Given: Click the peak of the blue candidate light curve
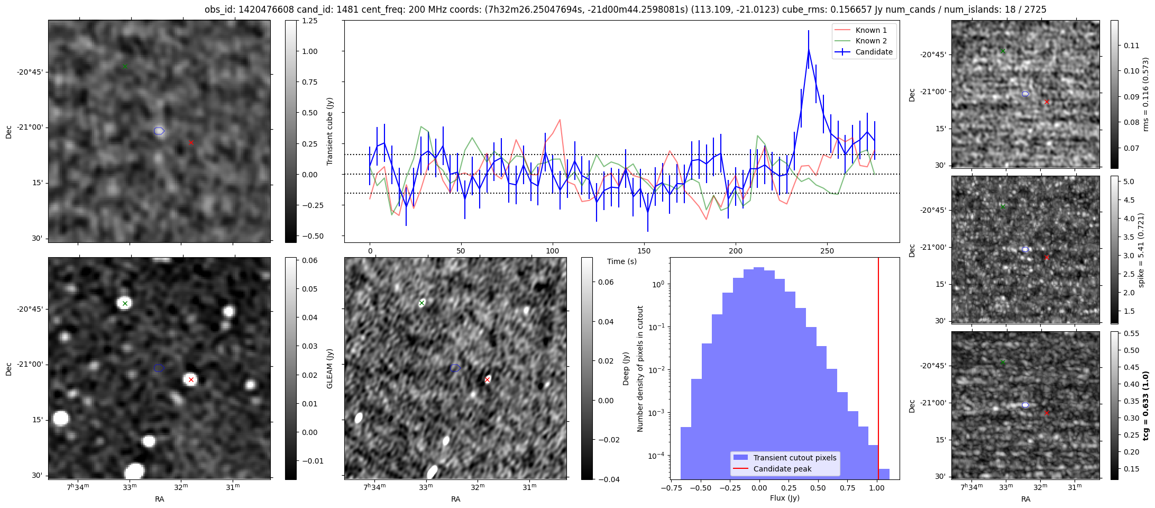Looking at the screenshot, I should [x=809, y=50].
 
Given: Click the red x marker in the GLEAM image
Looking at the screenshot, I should [x=191, y=379].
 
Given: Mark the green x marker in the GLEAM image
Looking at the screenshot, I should [x=125, y=303].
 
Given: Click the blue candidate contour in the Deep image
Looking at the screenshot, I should [x=455, y=368].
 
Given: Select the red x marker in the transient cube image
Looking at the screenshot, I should [x=191, y=142].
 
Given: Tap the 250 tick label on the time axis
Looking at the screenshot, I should [x=827, y=251].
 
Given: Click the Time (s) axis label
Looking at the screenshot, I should [x=621, y=261].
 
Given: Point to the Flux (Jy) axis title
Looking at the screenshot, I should [x=784, y=498].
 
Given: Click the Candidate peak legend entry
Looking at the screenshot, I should [x=782, y=469].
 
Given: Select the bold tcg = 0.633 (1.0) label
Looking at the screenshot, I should [x=1145, y=406].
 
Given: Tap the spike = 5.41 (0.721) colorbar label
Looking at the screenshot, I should [x=1141, y=250].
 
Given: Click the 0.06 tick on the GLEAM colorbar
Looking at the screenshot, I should [x=310, y=260].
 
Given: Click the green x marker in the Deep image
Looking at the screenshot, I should [x=421, y=303].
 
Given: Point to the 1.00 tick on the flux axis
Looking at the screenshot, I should [x=877, y=488].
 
